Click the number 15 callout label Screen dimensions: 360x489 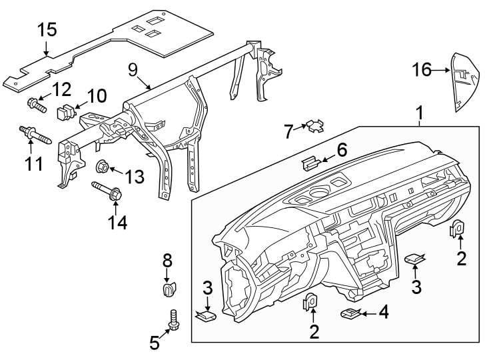pos(47,30)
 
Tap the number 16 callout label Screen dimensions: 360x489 pos(421,69)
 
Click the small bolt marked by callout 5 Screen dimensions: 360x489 pos(175,320)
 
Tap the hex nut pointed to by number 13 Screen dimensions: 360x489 pos(104,166)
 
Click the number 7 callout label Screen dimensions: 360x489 pos(288,132)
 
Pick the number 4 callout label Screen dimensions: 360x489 pos(383,311)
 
